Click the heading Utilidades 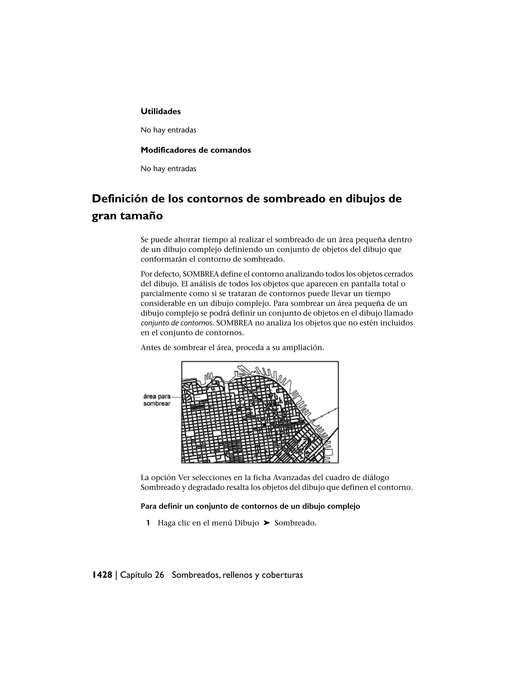tap(160, 111)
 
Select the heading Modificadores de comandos tap(196, 150)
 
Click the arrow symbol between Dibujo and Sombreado tap(267, 523)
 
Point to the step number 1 tap(148, 523)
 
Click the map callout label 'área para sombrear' tap(157, 400)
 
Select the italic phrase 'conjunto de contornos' tap(176, 323)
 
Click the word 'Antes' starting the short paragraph tap(150, 348)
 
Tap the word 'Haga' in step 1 tap(167, 523)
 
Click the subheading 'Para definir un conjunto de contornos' tap(250, 506)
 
